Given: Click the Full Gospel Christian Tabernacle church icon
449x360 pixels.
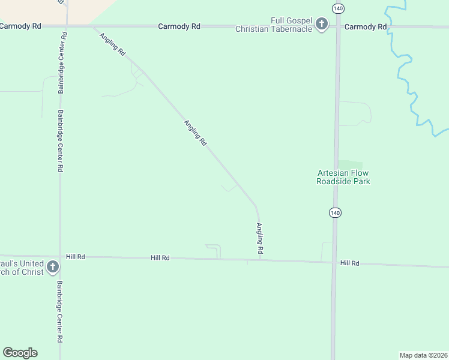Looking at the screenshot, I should point(322,24).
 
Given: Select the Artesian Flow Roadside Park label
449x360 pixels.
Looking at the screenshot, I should point(343,177).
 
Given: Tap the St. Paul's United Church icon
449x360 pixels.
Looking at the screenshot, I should point(52,266).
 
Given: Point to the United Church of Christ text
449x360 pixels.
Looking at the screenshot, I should point(22,268).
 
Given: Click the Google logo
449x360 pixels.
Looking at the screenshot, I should point(20,353).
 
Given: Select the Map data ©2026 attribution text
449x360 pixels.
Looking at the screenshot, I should point(423,355).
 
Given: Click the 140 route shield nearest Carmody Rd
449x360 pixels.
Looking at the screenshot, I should point(338,8).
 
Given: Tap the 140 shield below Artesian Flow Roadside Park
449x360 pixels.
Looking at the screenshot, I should point(335,212).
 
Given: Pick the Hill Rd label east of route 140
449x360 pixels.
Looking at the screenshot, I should point(349,263).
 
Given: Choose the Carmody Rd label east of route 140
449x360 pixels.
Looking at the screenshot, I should point(366,27).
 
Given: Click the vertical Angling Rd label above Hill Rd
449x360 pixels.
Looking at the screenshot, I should point(260,238).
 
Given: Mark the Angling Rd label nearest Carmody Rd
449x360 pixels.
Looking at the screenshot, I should point(113,44).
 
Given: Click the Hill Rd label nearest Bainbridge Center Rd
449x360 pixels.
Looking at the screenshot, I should point(76,257).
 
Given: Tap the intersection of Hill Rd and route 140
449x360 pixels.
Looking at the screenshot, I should point(333,262).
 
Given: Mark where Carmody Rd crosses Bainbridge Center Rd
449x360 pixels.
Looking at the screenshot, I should point(66,26).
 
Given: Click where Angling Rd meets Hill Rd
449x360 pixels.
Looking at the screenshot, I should point(260,260).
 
